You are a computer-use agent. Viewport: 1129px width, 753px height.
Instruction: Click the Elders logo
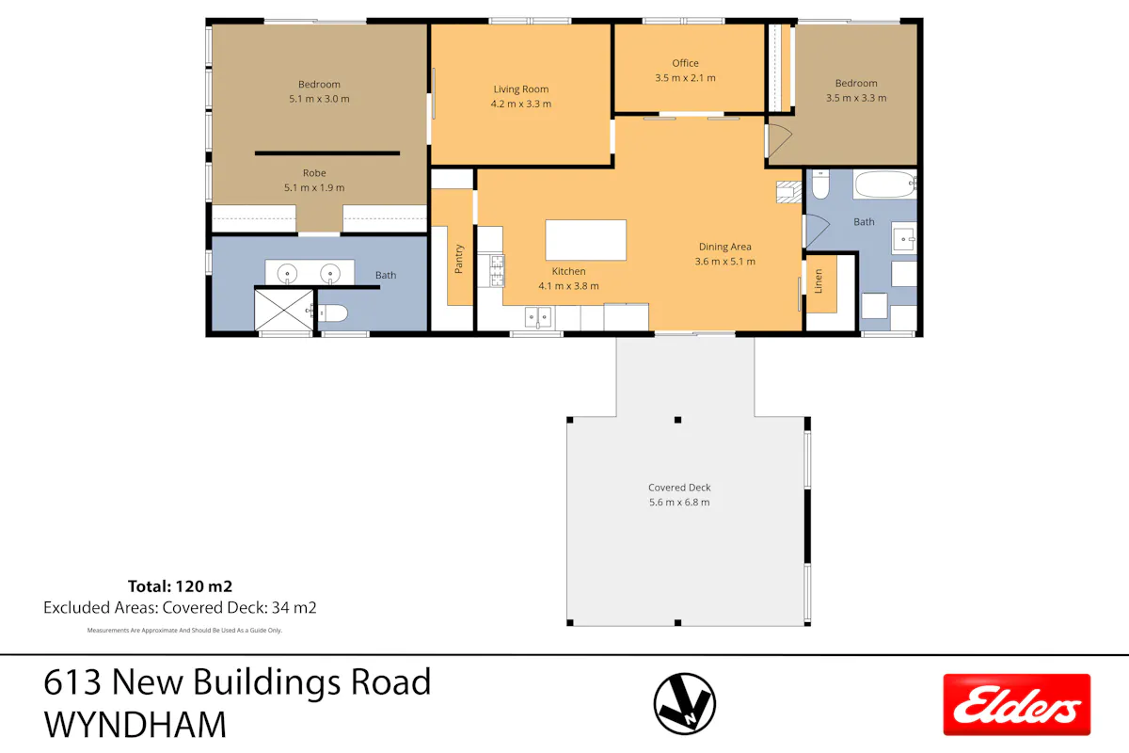[1017, 704]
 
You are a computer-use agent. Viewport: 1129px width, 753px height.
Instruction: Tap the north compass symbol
[685, 703]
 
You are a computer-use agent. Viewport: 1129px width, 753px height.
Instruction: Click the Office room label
[685, 63]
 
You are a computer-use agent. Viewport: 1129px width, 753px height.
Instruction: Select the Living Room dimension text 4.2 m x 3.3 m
[520, 104]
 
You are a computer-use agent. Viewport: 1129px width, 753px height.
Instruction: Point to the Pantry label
[459, 259]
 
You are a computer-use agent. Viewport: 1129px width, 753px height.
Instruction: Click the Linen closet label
[819, 280]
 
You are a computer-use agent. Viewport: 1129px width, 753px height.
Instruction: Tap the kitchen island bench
[585, 240]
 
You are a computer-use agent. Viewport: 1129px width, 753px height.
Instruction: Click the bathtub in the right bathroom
[885, 184]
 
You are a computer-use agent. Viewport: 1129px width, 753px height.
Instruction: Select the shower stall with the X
[284, 310]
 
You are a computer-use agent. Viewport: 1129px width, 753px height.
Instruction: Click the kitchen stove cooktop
[497, 270]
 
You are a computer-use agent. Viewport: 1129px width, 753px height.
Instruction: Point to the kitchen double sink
[538, 317]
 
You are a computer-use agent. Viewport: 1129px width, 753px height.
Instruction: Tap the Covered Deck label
[679, 488]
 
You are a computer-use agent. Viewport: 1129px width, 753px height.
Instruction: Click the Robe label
[314, 173]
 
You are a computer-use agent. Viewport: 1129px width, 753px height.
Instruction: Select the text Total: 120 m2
[180, 586]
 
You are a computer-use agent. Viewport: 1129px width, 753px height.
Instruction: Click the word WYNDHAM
[135, 726]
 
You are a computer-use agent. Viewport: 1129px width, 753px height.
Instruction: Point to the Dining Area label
[724, 247]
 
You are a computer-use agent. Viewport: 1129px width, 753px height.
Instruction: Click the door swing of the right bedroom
[779, 140]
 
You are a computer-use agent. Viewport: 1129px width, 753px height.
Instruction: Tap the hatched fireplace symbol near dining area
[788, 192]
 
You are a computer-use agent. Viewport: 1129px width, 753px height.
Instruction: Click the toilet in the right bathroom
[820, 184]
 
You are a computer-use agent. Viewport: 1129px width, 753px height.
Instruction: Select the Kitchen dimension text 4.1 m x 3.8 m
[568, 286]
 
